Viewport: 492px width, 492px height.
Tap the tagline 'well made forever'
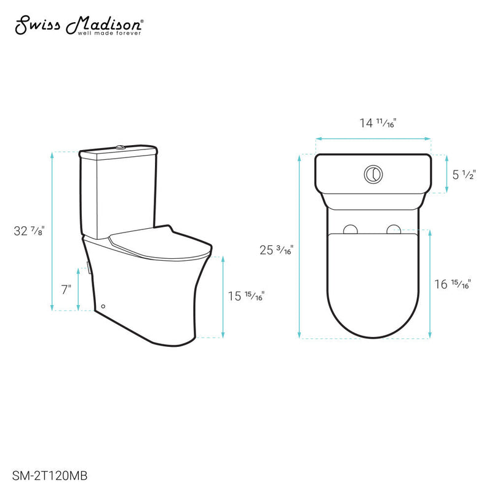point(110,34)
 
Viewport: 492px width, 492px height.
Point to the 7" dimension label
point(66,288)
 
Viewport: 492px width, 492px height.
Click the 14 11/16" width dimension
point(377,124)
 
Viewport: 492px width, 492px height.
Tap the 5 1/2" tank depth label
point(462,174)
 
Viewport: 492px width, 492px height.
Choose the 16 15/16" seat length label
point(453,284)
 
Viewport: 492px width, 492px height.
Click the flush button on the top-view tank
point(373,173)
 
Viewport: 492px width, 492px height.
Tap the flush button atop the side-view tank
point(121,146)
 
